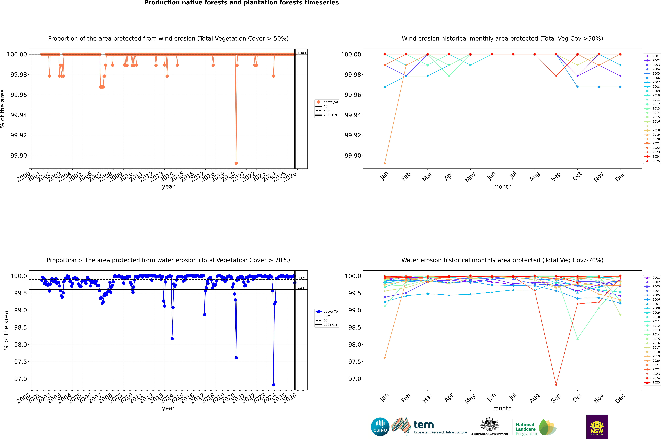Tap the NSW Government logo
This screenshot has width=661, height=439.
click(x=597, y=427)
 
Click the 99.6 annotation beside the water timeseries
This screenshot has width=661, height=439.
click(x=301, y=288)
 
